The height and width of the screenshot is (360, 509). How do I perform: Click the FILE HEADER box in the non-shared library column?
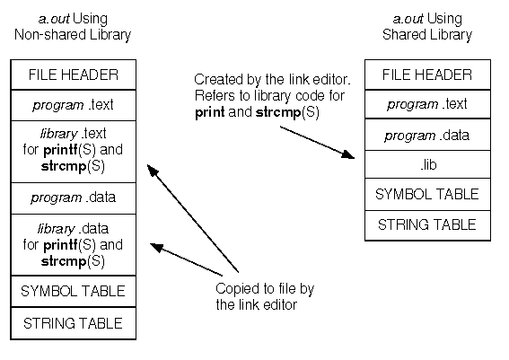pos(74,75)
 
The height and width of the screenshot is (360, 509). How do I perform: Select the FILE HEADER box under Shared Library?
pos(427,75)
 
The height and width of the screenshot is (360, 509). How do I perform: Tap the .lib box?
pos(427,164)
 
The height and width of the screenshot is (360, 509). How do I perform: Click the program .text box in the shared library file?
pos(427,104)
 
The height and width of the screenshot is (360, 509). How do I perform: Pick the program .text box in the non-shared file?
pos(74,105)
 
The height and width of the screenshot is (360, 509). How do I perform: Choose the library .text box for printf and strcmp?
pos(74,152)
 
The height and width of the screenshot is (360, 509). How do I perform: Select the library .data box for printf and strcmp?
pos(74,245)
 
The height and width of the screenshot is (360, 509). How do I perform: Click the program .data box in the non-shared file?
pos(74,198)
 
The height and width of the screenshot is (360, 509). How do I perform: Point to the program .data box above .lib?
pos(427,135)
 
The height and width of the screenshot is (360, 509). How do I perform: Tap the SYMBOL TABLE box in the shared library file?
pos(427,195)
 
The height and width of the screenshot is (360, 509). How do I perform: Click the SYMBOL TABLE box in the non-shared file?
pos(74,291)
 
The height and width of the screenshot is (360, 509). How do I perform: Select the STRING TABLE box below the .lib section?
pos(427,225)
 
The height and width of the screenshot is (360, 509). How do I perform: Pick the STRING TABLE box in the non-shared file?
pos(74,323)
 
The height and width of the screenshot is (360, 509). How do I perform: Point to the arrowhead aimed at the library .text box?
pos(152,171)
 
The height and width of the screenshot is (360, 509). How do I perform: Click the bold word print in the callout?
pos(210,112)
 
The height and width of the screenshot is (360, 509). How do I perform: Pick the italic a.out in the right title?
pos(408,19)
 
